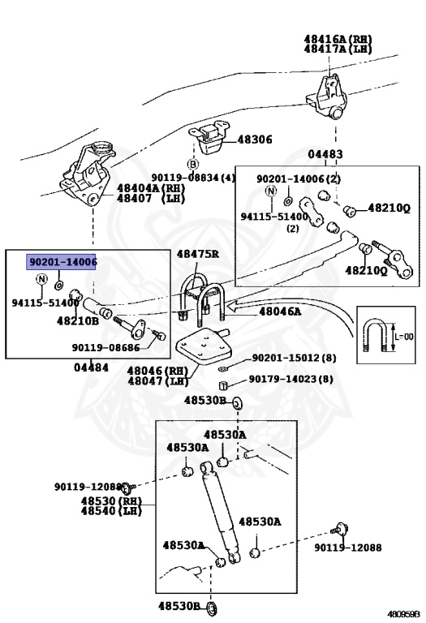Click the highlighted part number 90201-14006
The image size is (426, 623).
pyautogui.click(x=62, y=262)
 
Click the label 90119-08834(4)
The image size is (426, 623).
pyautogui.click(x=193, y=178)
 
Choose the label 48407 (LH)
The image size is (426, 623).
pyautogui.click(x=151, y=198)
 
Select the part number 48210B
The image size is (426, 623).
pyautogui.click(x=77, y=321)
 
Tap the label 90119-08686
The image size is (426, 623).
pyautogui.click(x=105, y=347)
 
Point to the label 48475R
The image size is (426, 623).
pyautogui.click(x=199, y=254)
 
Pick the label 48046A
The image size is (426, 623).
pyautogui.click(x=280, y=311)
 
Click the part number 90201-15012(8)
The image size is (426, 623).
pyautogui.click(x=293, y=358)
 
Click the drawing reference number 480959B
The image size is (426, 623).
pyautogui.click(x=403, y=613)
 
